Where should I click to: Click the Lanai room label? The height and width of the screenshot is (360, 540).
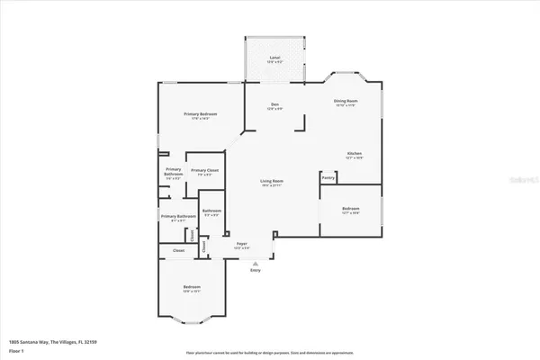point(274,57)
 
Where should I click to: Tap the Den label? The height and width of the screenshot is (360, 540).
point(274,105)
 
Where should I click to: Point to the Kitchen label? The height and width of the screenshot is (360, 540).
point(355,154)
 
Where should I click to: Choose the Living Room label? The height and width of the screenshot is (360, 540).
point(273,181)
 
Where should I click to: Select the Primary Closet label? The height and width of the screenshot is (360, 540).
point(205,170)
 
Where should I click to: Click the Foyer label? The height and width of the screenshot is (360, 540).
point(242,243)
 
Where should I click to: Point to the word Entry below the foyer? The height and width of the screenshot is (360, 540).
point(254,269)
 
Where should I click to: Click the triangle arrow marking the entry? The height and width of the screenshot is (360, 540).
point(254,261)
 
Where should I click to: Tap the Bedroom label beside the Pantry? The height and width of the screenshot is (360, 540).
point(350,209)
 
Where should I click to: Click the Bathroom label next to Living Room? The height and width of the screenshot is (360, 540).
point(212,211)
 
